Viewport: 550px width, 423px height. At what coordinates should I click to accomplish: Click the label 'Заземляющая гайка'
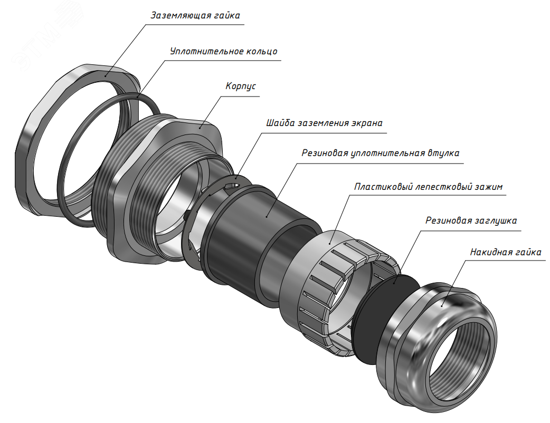click(x=195, y=15)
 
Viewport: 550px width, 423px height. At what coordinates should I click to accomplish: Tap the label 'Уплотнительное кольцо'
click(x=223, y=52)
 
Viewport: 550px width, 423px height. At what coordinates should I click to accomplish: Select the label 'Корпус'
click(x=241, y=86)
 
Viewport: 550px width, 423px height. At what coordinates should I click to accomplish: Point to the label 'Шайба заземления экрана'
click(x=324, y=123)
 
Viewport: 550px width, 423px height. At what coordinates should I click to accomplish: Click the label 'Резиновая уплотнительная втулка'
click(x=380, y=153)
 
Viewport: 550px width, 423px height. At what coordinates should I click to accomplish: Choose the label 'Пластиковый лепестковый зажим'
click(x=429, y=187)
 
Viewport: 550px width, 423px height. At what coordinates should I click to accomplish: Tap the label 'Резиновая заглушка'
click(x=471, y=220)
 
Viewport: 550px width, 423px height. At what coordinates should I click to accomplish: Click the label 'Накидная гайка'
click(x=505, y=252)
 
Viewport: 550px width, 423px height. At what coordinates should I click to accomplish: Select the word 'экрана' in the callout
click(x=366, y=123)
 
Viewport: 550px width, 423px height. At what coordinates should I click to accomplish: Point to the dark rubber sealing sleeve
click(x=243, y=232)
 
